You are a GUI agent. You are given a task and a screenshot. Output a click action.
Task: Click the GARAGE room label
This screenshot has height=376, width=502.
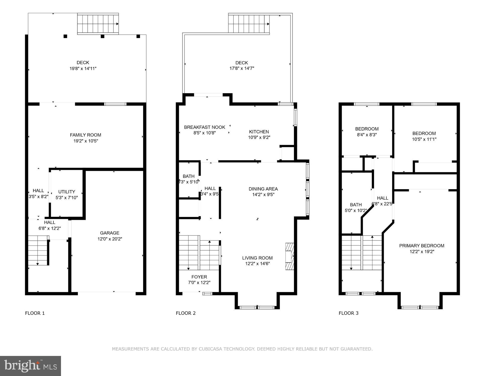tap(109, 233)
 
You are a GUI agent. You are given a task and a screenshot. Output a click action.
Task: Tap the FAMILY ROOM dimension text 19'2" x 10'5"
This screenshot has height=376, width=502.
tap(86, 141)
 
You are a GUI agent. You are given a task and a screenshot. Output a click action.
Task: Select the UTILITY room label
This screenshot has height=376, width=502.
tap(67, 192)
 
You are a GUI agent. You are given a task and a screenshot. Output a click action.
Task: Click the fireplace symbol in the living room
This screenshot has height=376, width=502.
tap(290, 256)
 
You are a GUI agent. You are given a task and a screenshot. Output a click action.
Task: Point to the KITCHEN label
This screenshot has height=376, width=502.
tap(259, 132)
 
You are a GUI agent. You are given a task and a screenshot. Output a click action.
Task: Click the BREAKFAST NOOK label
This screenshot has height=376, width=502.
tap(205, 127)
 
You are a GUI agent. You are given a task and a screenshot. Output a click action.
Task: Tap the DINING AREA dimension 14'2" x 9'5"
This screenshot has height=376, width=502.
tap(263, 195)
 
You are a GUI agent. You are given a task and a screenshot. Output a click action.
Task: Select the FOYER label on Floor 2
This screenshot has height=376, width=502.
tap(199, 277)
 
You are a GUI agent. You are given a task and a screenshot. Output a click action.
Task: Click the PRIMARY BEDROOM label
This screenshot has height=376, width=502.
tap(422, 246)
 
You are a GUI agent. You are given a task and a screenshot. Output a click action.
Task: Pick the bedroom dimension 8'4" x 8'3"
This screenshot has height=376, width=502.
tap(367, 135)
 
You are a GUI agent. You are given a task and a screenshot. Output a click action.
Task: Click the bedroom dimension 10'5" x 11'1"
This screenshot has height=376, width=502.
tap(424, 139)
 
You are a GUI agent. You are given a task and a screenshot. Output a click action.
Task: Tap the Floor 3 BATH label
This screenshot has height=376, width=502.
tap(356, 205)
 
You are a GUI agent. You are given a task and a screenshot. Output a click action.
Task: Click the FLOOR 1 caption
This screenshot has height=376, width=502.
tap(35, 313)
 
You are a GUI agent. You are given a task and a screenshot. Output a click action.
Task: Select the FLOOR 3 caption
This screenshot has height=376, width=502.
tap(348, 313)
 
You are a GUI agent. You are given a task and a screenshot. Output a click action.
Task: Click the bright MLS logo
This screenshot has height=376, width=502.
tap(30, 366)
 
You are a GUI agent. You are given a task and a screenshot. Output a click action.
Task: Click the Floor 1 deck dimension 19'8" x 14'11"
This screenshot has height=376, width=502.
tap(83, 68)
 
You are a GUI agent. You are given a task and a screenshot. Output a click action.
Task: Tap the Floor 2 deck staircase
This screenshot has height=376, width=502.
tap(249, 24)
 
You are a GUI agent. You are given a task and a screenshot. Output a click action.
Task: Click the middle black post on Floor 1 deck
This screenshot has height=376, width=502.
tap(102, 36)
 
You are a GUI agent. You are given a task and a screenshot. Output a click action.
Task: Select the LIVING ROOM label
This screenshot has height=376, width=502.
tap(257, 258)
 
